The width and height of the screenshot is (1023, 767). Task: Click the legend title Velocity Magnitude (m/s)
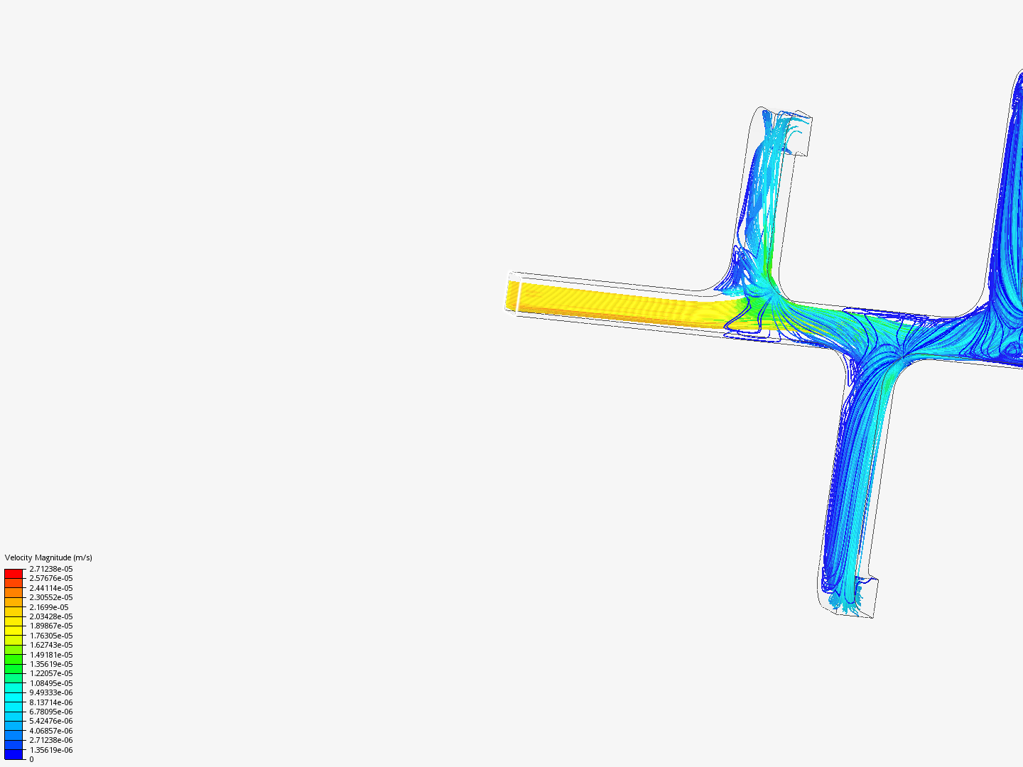pos(48,557)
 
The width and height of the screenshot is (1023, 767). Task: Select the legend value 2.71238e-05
pos(51,569)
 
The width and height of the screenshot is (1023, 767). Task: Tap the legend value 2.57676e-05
pos(51,578)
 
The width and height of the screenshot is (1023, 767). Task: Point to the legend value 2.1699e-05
pos(49,607)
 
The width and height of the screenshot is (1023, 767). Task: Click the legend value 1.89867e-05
pos(51,626)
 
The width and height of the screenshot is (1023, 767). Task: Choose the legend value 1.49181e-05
pos(51,655)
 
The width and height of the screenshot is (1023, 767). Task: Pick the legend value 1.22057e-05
pos(51,673)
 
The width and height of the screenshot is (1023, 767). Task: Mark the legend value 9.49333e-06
pos(51,692)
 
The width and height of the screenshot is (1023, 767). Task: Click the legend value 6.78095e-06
pos(51,712)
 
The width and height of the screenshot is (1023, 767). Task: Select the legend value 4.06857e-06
pos(51,731)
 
